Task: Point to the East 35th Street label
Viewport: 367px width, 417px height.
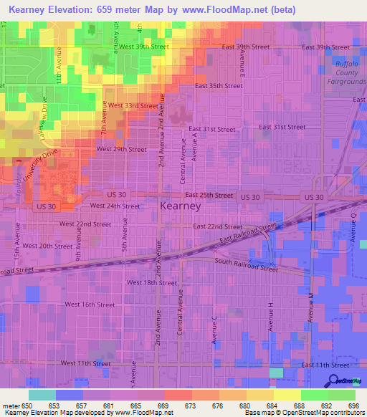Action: (219, 85)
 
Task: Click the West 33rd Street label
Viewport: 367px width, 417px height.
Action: (133, 105)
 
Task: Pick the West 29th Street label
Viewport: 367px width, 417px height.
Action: (121, 149)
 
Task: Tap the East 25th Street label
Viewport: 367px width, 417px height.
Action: (209, 195)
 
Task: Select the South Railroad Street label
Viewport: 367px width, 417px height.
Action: (247, 265)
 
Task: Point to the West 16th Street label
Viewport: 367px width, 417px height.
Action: (90, 305)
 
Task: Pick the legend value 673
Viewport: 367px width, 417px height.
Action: (190, 406)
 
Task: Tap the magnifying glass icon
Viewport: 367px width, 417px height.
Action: (333, 381)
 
